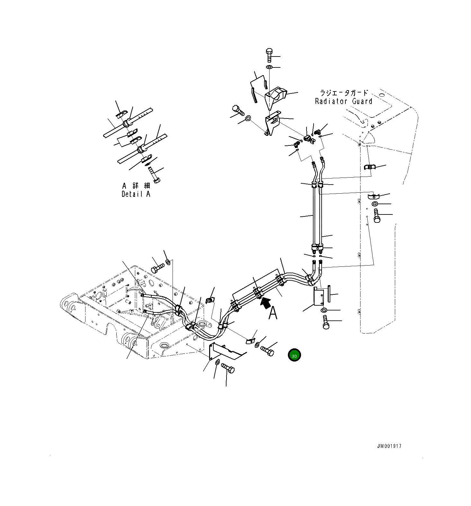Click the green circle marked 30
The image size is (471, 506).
[x=294, y=355]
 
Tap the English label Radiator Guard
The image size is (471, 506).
[x=343, y=101]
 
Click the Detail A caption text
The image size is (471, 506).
[x=136, y=194]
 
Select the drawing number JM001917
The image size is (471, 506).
[x=389, y=446]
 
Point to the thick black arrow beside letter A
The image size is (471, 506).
[x=265, y=302]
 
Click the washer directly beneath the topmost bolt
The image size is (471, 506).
[x=269, y=67]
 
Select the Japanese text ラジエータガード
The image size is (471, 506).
[x=343, y=93]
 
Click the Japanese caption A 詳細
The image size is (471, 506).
[x=136, y=186]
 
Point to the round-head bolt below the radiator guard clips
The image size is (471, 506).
[x=377, y=215]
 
